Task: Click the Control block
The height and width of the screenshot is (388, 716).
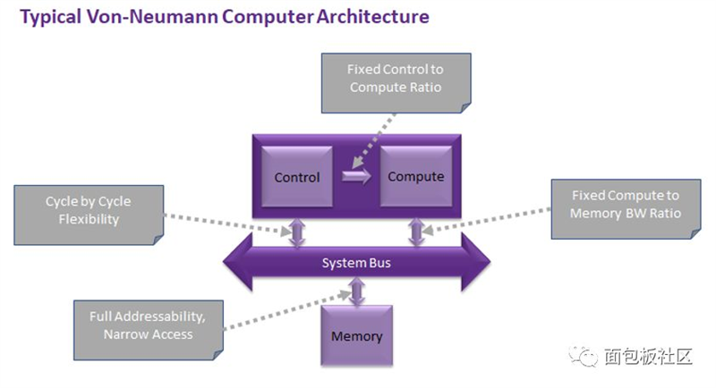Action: click(x=297, y=176)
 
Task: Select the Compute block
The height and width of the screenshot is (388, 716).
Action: click(x=416, y=176)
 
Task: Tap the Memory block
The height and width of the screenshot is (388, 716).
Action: click(x=356, y=336)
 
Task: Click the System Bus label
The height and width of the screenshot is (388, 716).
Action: click(x=356, y=263)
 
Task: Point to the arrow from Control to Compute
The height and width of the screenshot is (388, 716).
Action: click(x=356, y=176)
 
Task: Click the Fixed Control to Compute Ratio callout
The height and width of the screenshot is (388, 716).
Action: click(x=396, y=83)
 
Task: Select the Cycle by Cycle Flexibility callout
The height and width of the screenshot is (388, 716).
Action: click(x=89, y=215)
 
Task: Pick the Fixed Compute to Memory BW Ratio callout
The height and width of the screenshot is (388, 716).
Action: click(x=626, y=209)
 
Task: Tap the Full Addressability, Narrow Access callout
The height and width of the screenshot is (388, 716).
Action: click(x=149, y=330)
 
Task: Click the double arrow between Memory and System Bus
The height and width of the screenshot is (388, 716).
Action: click(x=356, y=291)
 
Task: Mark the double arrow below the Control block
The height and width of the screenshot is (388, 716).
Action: click(x=297, y=232)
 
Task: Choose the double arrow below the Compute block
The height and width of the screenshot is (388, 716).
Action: click(x=416, y=232)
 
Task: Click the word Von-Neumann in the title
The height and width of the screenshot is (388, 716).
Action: click(x=151, y=16)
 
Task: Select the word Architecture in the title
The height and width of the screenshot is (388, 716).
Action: click(x=372, y=16)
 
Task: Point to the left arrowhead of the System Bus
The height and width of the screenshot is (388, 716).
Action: click(x=237, y=262)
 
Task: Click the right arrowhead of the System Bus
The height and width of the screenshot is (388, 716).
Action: click(x=476, y=262)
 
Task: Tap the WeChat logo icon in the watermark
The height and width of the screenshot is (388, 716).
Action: click(x=584, y=356)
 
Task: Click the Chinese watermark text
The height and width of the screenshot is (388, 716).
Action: click(x=648, y=356)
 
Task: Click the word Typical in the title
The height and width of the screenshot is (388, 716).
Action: click(x=51, y=18)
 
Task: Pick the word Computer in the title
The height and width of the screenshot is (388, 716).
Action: click(x=268, y=18)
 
